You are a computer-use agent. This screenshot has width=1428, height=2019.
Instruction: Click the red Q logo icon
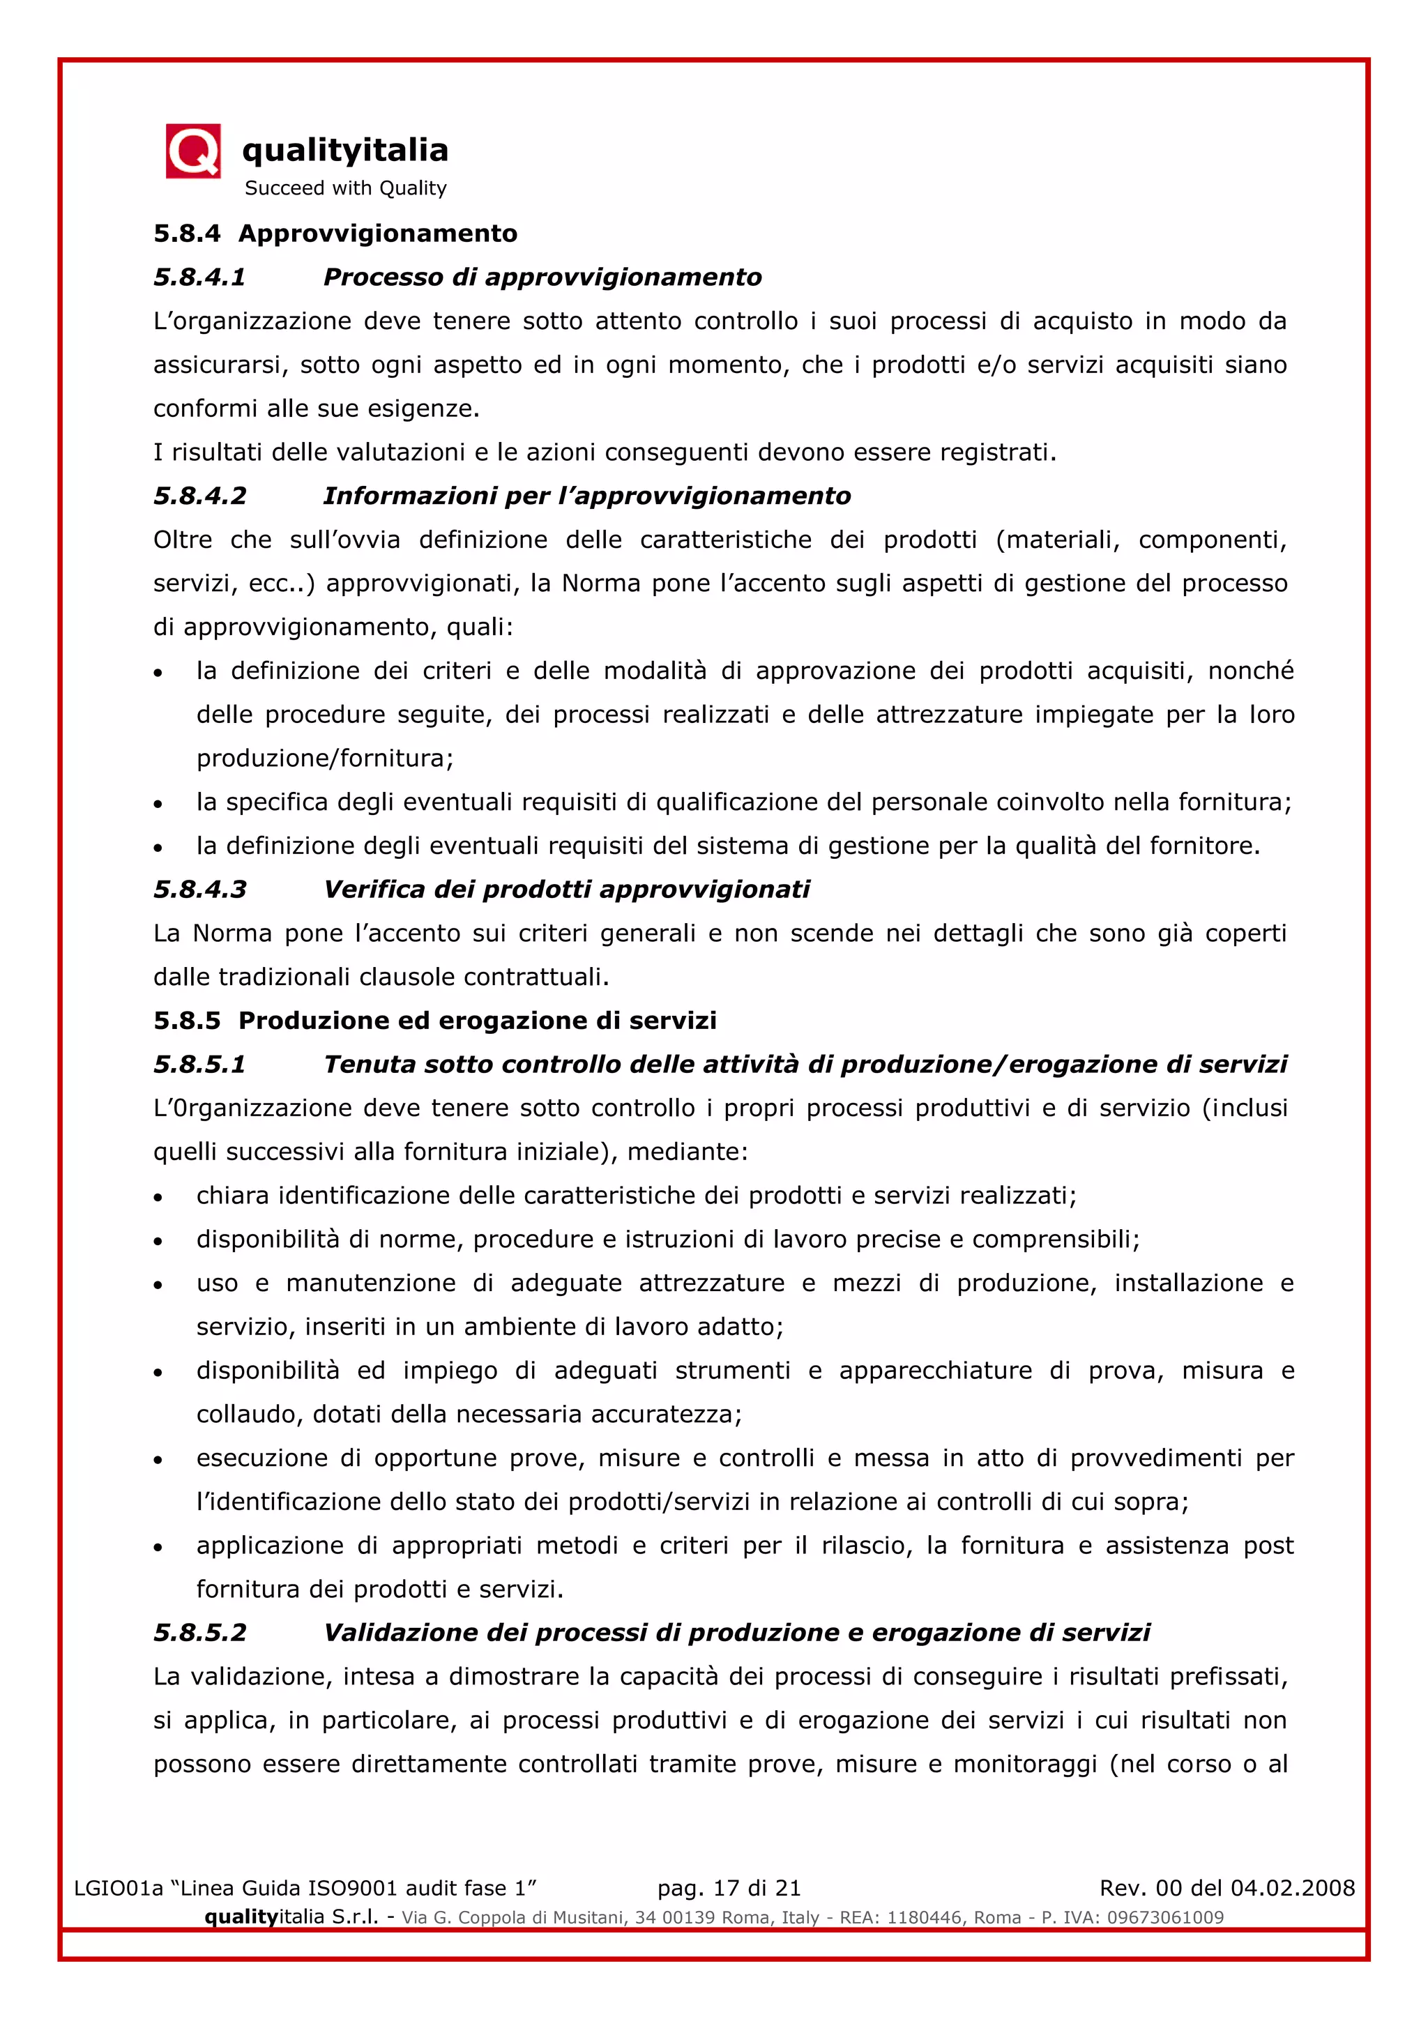pyautogui.click(x=192, y=151)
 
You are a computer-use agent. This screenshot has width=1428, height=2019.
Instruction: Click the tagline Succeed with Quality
pyautogui.click(x=346, y=188)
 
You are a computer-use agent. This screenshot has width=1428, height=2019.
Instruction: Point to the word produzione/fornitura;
pyautogui.click(x=324, y=758)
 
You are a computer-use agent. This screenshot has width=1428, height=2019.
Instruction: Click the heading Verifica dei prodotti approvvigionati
pyautogui.click(x=566, y=889)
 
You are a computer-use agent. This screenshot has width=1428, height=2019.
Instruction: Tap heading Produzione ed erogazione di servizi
pyautogui.click(x=478, y=1020)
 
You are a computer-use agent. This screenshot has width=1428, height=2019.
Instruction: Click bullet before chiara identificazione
pyautogui.click(x=158, y=1198)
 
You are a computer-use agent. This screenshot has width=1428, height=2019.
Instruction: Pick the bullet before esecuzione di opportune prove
pyautogui.click(x=158, y=1460)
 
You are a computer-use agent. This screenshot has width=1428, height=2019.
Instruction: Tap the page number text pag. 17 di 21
pyautogui.click(x=729, y=1888)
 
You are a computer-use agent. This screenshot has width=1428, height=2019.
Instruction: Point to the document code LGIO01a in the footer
pyautogui.click(x=119, y=1888)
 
